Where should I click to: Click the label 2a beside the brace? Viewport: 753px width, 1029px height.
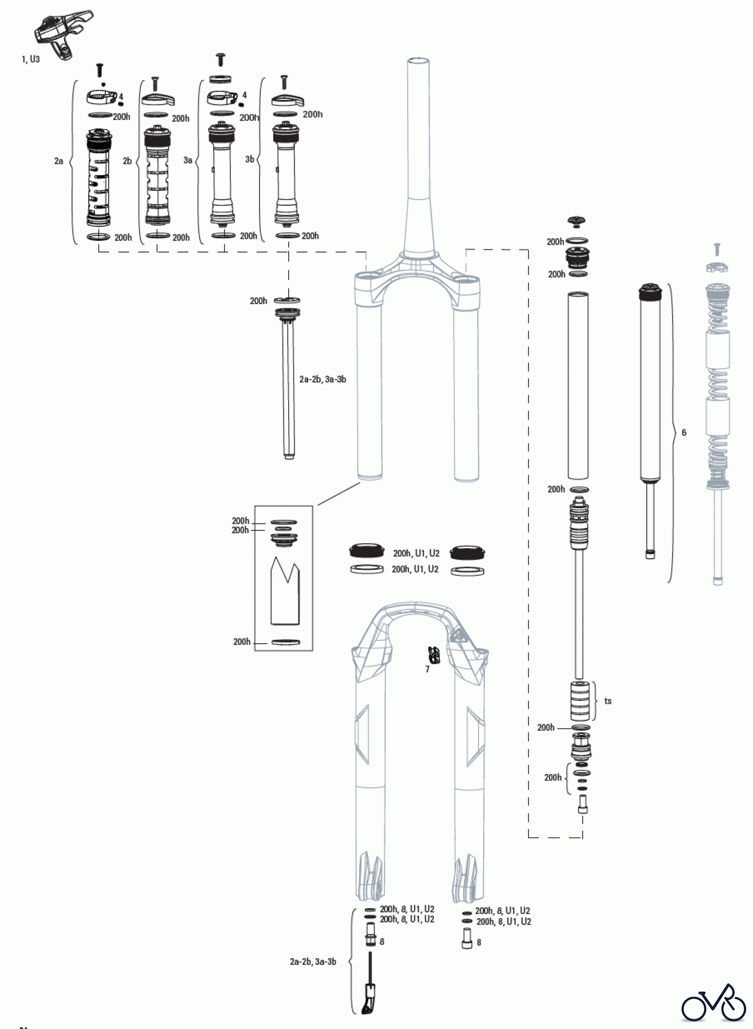(58, 161)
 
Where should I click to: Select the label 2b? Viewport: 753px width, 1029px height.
(127, 161)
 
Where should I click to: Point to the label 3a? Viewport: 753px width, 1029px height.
(188, 161)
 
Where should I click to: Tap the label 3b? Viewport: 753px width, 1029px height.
(249, 159)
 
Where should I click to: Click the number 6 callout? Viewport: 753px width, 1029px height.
(684, 433)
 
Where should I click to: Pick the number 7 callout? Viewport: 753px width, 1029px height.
(427, 669)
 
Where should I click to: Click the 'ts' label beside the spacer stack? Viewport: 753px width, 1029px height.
(608, 701)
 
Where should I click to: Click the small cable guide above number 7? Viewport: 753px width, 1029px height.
(435, 655)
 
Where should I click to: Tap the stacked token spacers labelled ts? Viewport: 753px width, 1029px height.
(580, 701)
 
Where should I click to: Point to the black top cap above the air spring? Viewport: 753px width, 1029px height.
(577, 221)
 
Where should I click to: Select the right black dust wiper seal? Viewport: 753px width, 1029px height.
(468, 552)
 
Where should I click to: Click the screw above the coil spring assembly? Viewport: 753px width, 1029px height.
(717, 249)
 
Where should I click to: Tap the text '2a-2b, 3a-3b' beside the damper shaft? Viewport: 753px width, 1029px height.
(322, 379)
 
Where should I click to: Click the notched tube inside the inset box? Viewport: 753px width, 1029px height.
(284, 591)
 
